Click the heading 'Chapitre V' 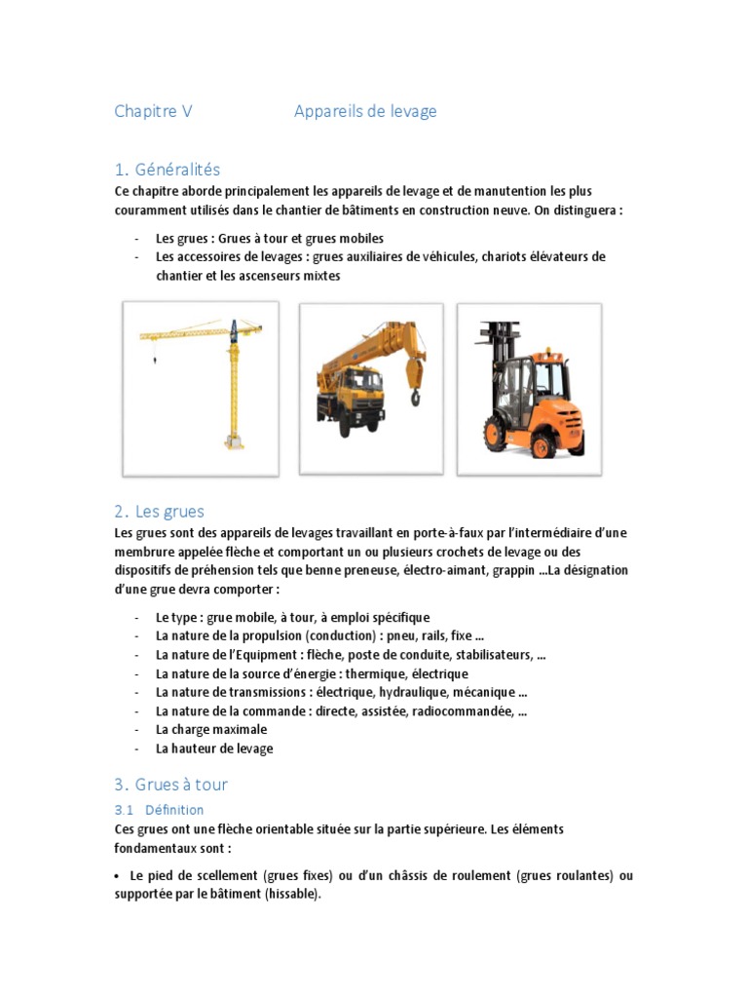pos(153,111)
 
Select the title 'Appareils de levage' pos(365,111)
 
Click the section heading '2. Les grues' pos(159,511)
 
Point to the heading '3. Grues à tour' pos(170,785)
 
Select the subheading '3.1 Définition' pos(159,809)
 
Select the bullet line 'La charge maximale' pos(211,729)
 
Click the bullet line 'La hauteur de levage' pos(214,748)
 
